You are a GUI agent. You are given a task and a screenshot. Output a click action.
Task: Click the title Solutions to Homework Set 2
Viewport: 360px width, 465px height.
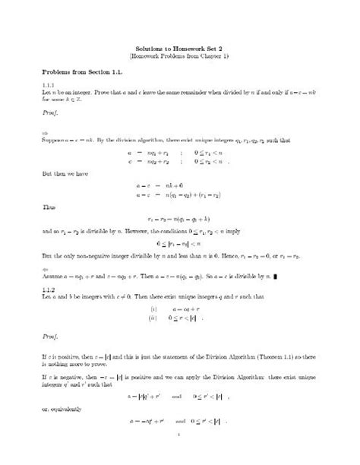[x=179, y=46]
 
